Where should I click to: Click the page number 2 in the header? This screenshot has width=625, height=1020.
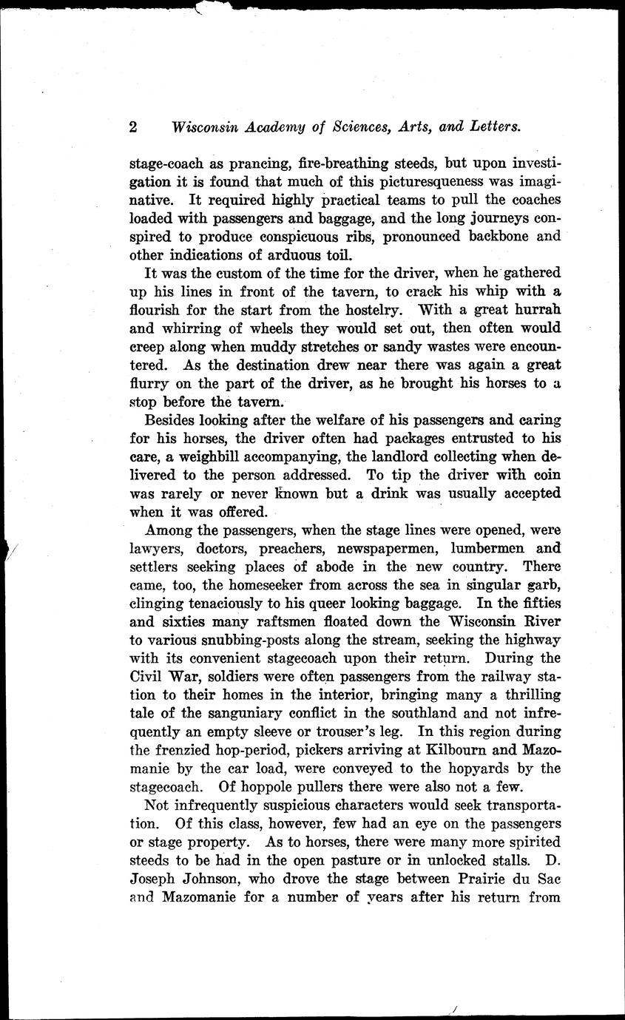coord(133,126)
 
